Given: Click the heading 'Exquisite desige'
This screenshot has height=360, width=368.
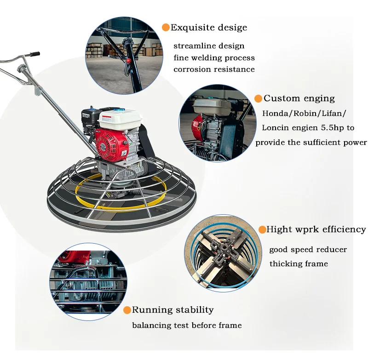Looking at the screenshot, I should [x=209, y=28].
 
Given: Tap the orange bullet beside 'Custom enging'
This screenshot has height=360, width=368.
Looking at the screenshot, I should [x=259, y=98].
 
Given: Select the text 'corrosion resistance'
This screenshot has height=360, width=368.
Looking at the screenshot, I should [x=214, y=69].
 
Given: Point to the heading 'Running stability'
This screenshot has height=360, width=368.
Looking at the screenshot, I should [x=173, y=310].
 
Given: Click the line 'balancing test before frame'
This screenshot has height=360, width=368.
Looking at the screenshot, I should [x=187, y=326].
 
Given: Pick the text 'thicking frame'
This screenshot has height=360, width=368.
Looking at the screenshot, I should [x=299, y=264].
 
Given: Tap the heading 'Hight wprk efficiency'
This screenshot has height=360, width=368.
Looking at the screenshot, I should [x=316, y=229].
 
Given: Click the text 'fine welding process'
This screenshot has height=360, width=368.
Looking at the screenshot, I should [x=214, y=58].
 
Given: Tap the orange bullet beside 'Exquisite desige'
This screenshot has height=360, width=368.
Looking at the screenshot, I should [x=166, y=28].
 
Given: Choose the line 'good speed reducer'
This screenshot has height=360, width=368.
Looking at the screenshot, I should [x=308, y=250].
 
